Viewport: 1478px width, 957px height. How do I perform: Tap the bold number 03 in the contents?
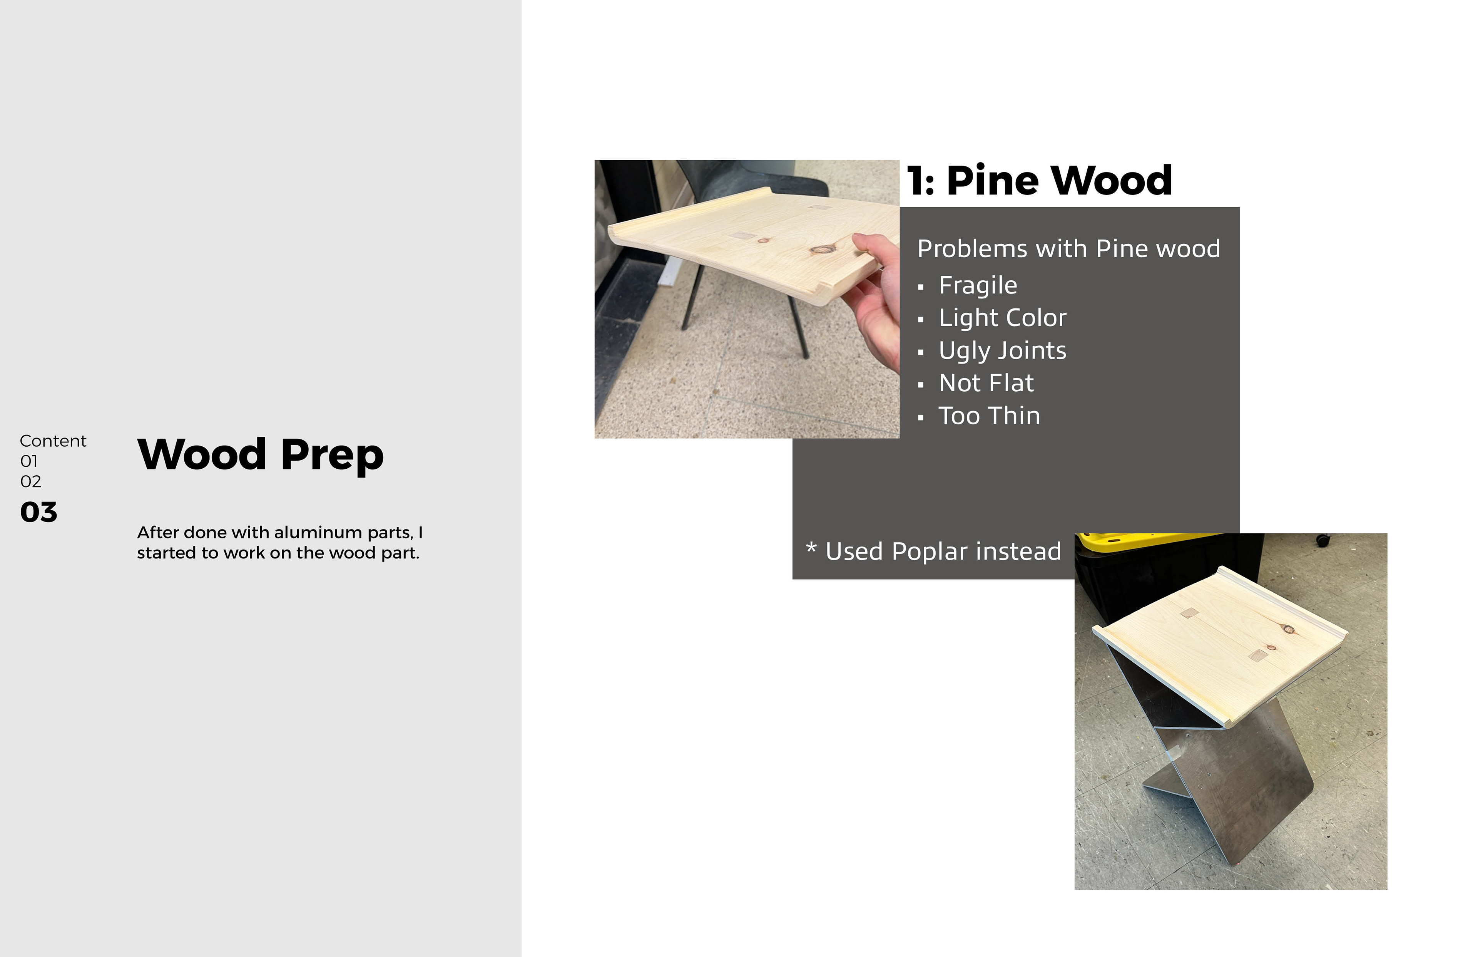[x=38, y=512]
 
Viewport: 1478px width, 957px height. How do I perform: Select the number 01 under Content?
[x=28, y=461]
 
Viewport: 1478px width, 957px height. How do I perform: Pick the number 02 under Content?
[x=30, y=482]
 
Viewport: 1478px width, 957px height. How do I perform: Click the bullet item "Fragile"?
[x=978, y=285]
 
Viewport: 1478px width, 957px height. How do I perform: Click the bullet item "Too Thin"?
[x=989, y=416]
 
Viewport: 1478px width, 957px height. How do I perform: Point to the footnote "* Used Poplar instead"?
[x=933, y=551]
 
